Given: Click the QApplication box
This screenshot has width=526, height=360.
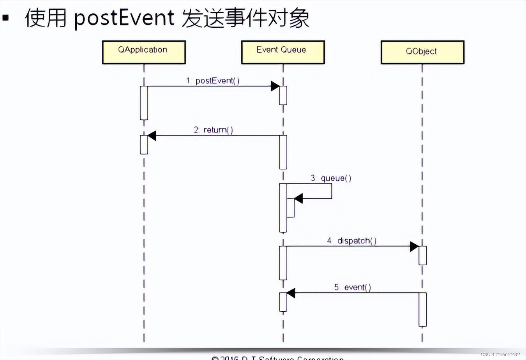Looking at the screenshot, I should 144,52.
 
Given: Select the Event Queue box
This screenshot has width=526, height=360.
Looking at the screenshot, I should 283,52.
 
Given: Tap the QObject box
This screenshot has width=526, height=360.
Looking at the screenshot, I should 422,52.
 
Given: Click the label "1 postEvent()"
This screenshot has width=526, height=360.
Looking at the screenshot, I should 213,81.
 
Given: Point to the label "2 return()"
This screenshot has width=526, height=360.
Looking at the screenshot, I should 214,130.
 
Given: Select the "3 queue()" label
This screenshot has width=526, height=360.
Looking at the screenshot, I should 331,178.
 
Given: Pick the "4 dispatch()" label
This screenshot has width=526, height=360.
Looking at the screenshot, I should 351,240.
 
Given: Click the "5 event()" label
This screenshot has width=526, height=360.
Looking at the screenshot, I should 352,287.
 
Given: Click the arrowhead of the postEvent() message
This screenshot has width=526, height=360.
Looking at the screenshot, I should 275,86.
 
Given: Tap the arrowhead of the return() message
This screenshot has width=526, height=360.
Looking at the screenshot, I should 152,136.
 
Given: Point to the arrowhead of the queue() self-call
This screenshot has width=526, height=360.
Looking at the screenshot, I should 298,199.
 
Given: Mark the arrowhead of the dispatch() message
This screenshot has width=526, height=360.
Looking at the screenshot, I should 414,246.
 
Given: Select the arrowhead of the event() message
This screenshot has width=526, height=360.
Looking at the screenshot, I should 291,293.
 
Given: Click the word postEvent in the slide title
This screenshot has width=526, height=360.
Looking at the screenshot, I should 124,18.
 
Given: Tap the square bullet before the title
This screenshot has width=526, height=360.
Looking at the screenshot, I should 5,18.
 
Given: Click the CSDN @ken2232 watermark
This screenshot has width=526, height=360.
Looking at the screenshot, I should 500,354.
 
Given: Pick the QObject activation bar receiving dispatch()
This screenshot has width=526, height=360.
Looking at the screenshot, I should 423,255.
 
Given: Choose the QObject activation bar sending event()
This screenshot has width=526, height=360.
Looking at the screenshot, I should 423,309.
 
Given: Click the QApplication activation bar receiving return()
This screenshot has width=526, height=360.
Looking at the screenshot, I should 144,145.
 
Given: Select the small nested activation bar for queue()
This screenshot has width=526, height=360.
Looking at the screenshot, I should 291,208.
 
